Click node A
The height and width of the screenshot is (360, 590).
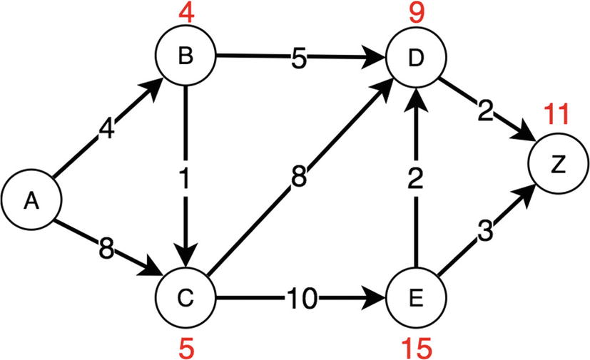point(30,202)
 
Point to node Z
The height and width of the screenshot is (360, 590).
point(556,164)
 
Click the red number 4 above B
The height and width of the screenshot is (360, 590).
point(184,13)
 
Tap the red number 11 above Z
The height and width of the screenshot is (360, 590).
point(556,114)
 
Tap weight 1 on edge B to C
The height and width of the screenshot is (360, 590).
point(185,178)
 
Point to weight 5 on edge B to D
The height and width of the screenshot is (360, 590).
point(299,58)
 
